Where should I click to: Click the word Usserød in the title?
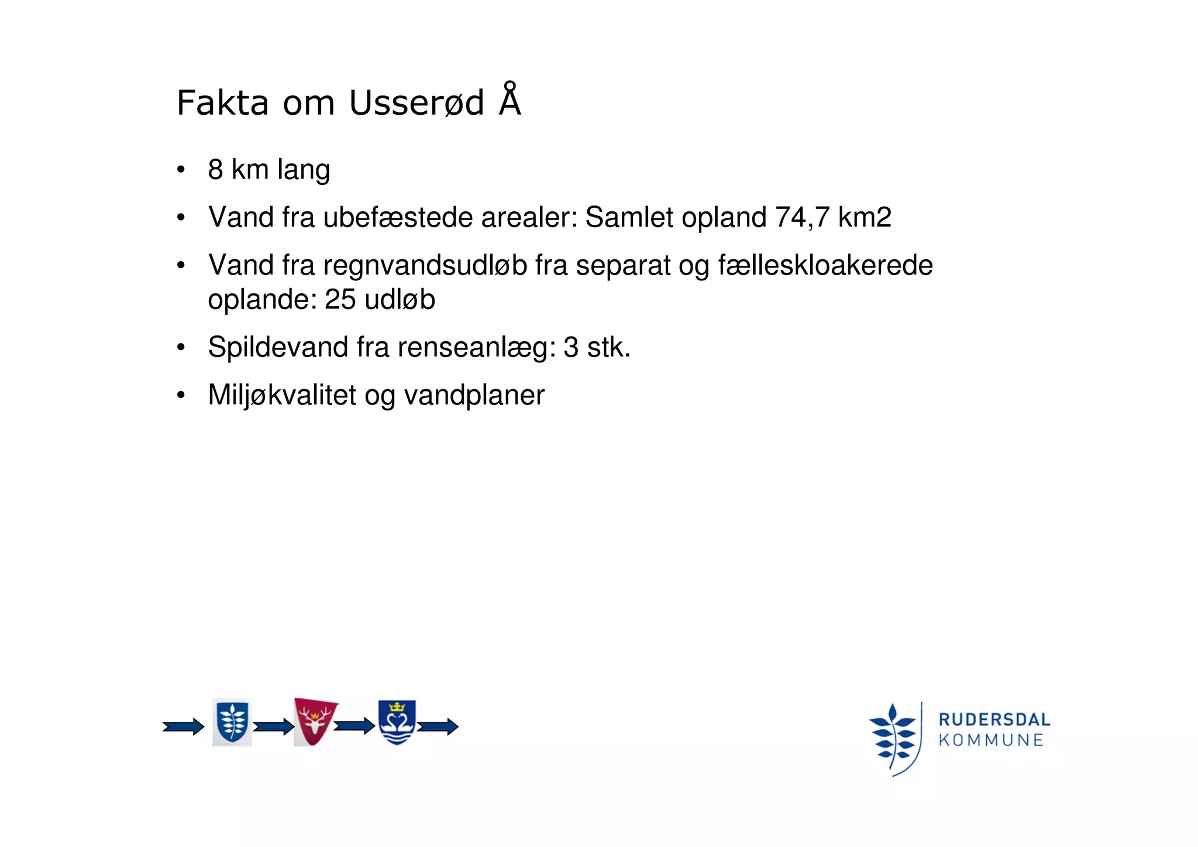(x=416, y=104)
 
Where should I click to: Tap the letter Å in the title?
(x=510, y=101)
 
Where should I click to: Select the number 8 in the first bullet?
(x=215, y=170)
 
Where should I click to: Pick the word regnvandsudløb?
(x=425, y=265)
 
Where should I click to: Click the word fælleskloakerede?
(x=825, y=265)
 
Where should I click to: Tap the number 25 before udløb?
(x=340, y=300)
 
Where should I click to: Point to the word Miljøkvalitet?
(x=282, y=395)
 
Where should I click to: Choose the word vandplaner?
(x=474, y=395)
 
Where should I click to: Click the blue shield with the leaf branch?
(x=232, y=722)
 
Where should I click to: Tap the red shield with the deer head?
(x=315, y=722)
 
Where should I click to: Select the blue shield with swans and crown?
(x=397, y=722)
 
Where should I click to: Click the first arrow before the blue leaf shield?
(x=183, y=727)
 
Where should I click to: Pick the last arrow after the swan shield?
(x=438, y=727)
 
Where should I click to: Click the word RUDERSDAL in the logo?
(x=994, y=719)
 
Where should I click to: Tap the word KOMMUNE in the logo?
(x=991, y=740)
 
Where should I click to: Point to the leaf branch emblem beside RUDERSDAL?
(x=893, y=739)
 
